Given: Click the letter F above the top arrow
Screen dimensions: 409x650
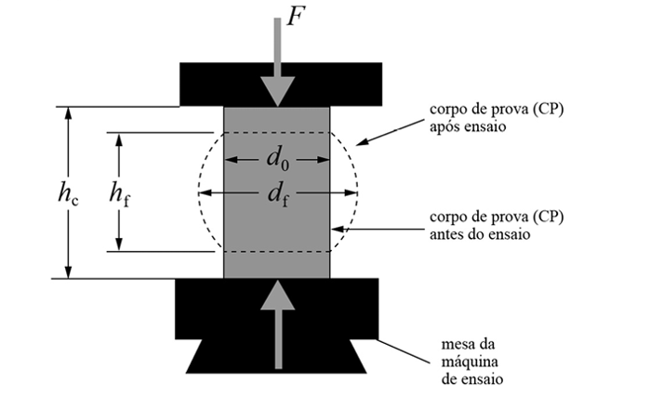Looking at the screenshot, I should pyautogui.click(x=295, y=18).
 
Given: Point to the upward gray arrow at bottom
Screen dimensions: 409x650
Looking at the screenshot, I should pyautogui.click(x=277, y=321).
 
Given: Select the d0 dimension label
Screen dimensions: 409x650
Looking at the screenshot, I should pyautogui.click(x=277, y=160).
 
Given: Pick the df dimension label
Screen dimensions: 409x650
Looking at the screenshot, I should pyautogui.click(x=277, y=195).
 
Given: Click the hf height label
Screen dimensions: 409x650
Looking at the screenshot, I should pyautogui.click(x=119, y=193).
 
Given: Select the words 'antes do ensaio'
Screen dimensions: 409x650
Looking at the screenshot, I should pyautogui.click(x=480, y=235).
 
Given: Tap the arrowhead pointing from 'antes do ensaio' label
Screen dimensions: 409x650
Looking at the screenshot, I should pyautogui.click(x=337, y=230).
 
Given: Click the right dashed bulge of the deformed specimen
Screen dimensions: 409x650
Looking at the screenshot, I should pyautogui.click(x=356, y=191).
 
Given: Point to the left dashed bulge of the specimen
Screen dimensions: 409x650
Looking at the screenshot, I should pyautogui.click(x=199, y=191).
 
